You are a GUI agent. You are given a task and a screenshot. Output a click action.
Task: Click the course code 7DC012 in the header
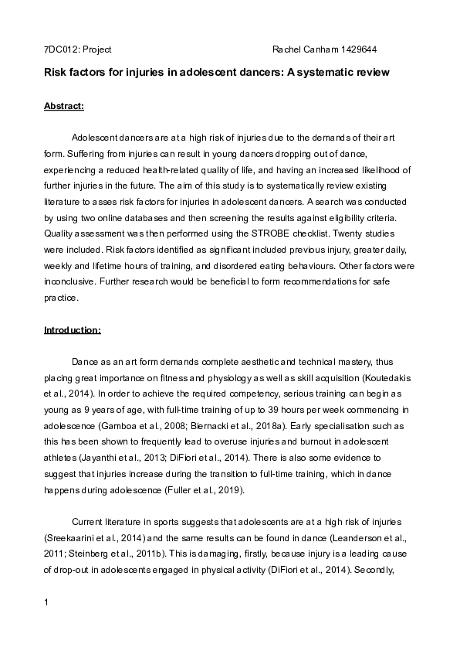59,49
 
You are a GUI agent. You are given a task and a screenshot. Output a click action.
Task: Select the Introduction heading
72,330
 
